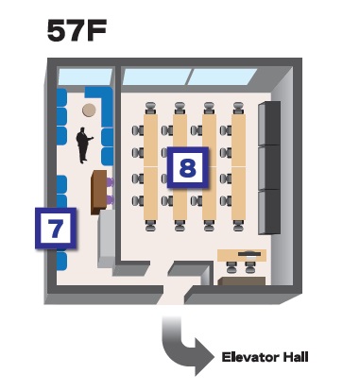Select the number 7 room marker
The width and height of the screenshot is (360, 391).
pyautogui.click(x=55, y=228)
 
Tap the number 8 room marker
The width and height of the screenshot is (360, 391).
pyautogui.click(x=188, y=169)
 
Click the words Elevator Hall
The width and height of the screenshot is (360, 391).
pyautogui.click(x=265, y=357)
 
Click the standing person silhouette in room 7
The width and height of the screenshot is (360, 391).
pyautogui.click(x=83, y=145)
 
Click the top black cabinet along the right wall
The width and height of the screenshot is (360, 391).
pyautogui.click(x=270, y=122)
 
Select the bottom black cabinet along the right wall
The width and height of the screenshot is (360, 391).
pyautogui.click(x=270, y=212)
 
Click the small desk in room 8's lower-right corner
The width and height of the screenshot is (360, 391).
pyautogui.click(x=243, y=255)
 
